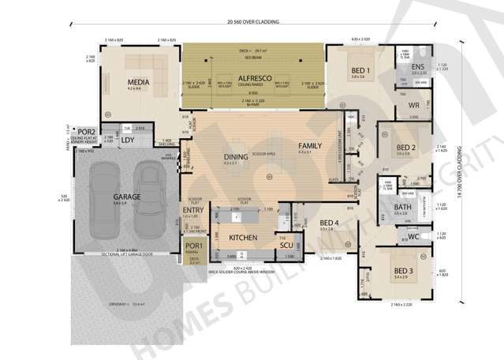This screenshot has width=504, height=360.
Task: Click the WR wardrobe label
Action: click(413, 105)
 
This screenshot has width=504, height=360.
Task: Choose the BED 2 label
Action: click(406, 148)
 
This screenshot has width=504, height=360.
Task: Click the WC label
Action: click(414, 236)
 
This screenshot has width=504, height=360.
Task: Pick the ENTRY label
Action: click(193, 210)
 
